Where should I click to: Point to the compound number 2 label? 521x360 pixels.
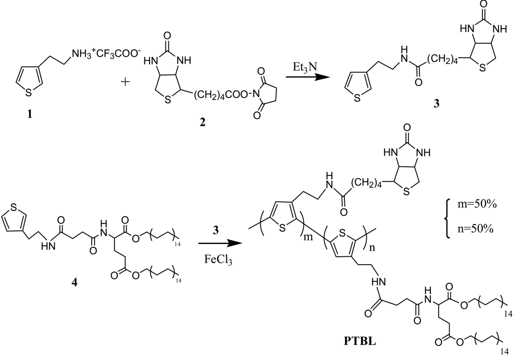point(202,122)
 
